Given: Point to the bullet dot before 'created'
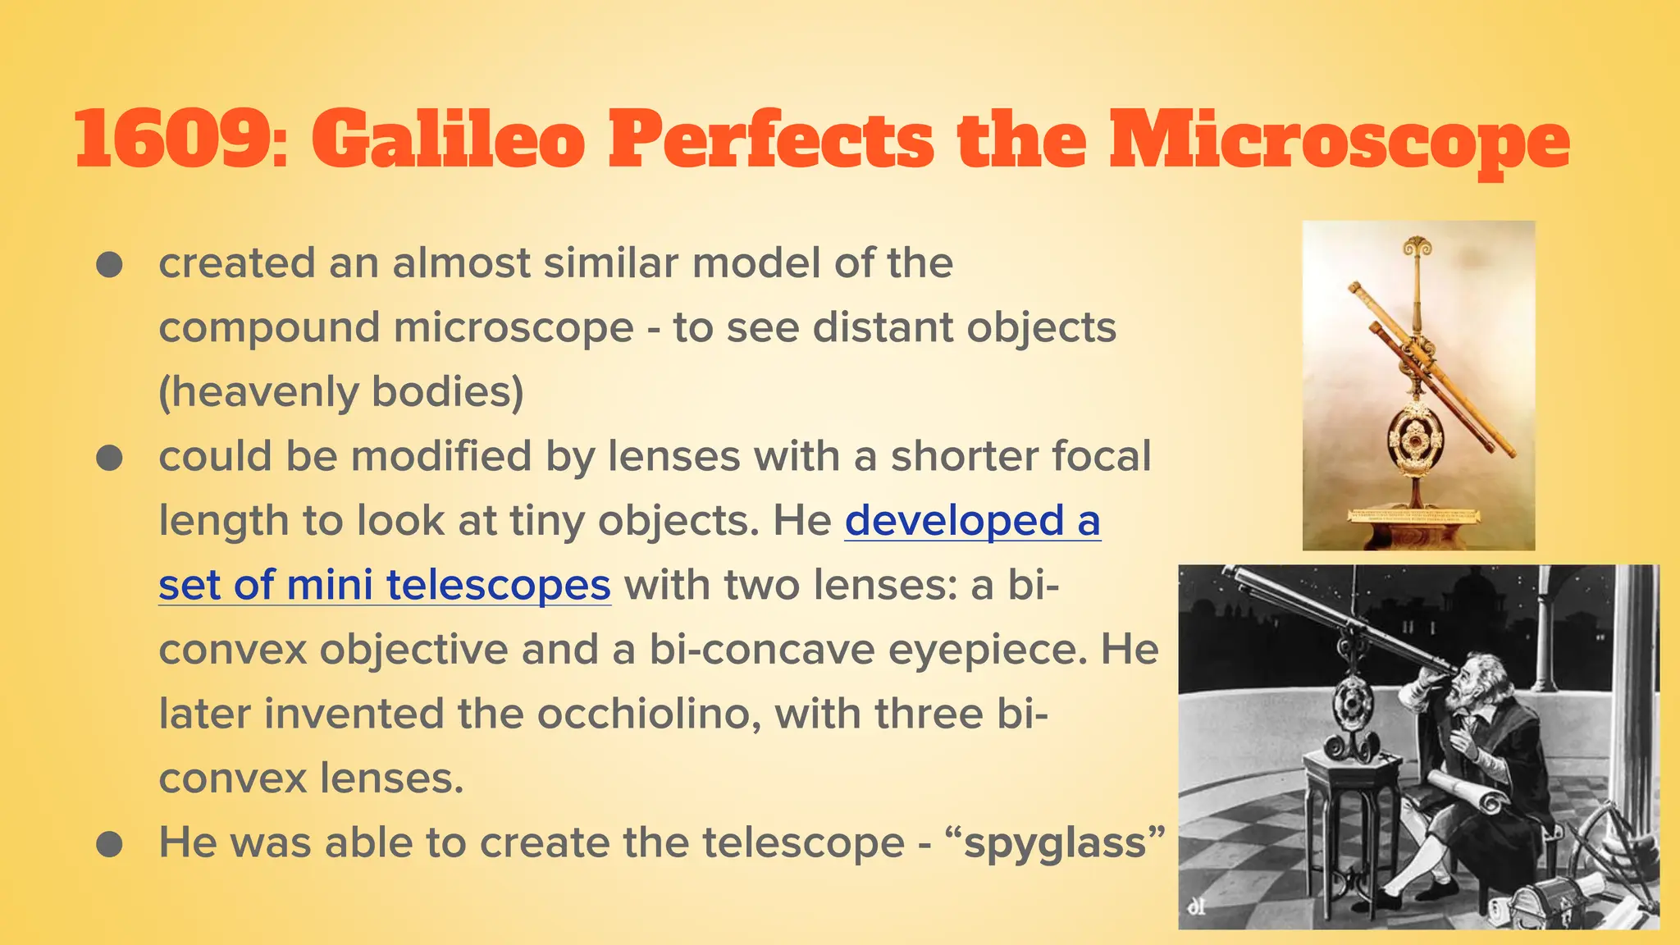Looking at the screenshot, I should click(109, 265).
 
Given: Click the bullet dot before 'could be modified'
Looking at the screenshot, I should click(109, 458).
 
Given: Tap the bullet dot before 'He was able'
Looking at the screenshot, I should click(109, 844).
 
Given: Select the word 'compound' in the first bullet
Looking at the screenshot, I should click(270, 328).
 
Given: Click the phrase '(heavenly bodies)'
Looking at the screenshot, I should click(340, 392).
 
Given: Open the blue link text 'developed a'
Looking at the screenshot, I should click(972, 521).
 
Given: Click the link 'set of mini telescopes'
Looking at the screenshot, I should click(384, 586).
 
